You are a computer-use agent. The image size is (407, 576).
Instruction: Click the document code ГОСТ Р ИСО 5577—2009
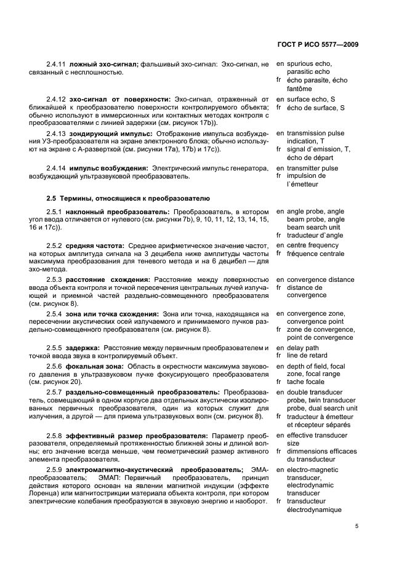[x=319, y=45]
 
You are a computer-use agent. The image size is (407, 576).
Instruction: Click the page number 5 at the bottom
[x=357, y=526]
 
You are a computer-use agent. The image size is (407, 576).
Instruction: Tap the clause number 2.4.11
[x=56, y=64]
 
